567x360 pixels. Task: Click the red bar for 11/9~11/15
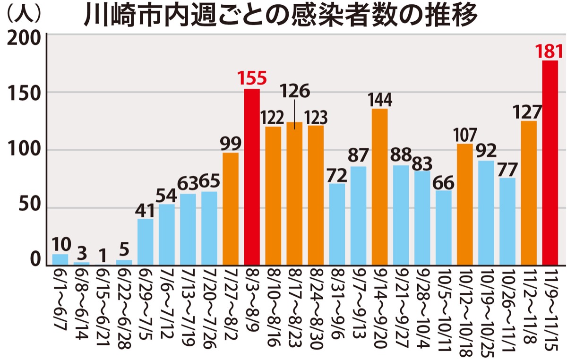coord(550,163)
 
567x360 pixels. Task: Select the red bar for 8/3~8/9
coord(252,177)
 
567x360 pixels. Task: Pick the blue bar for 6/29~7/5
coord(146,242)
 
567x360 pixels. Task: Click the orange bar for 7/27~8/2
coord(231,209)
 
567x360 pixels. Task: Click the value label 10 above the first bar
coord(61,244)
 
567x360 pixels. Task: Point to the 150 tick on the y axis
coord(23,93)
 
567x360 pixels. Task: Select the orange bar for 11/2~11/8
coord(529,193)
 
